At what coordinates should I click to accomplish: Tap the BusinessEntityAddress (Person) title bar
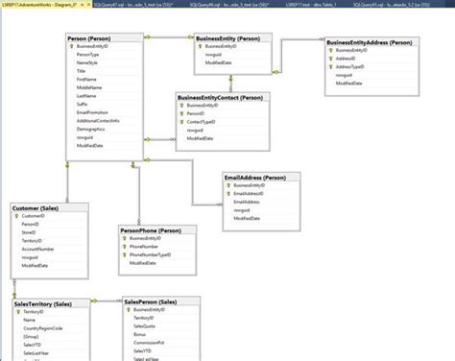(x=370, y=43)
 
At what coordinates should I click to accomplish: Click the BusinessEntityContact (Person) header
(x=222, y=97)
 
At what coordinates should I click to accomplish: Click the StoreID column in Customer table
(x=30, y=231)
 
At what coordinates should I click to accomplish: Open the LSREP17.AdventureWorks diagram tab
(x=42, y=5)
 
